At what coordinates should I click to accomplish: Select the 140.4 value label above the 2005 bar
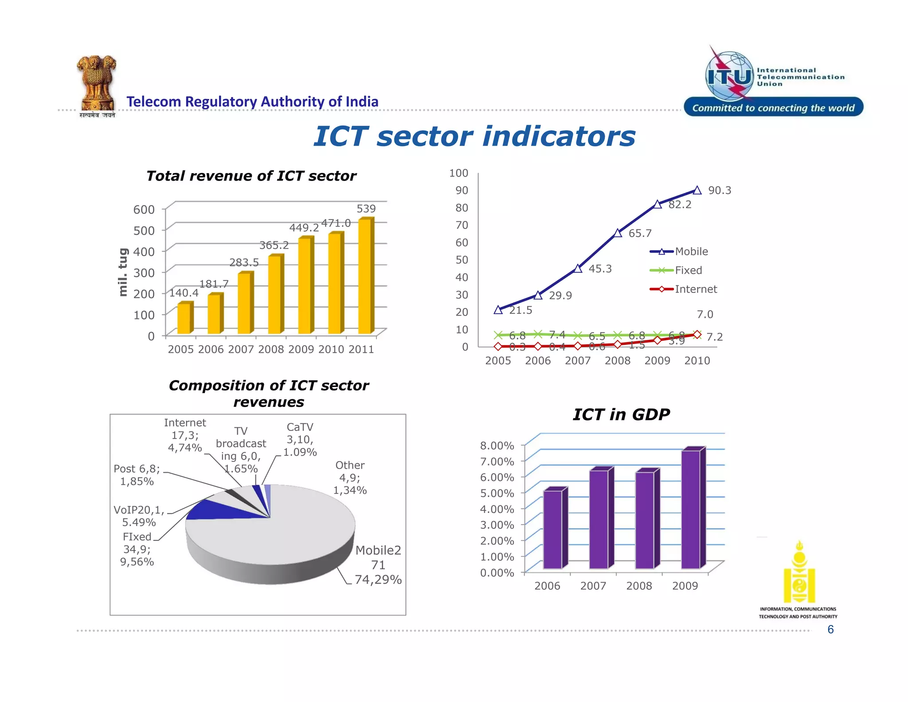coord(184,293)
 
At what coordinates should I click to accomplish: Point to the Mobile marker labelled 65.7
coord(618,233)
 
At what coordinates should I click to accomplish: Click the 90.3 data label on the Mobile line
coord(719,190)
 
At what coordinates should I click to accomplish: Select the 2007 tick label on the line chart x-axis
coord(577,361)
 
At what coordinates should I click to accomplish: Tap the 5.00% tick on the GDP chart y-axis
coord(497,493)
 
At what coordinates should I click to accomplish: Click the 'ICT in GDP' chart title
coord(621,414)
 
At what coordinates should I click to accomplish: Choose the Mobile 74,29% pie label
coord(378,565)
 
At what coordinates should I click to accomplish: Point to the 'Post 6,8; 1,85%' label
coord(137,475)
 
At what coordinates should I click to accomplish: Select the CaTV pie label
coord(300,439)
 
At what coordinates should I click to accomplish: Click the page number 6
coord(830,629)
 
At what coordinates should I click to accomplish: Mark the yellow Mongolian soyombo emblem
coord(799,573)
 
